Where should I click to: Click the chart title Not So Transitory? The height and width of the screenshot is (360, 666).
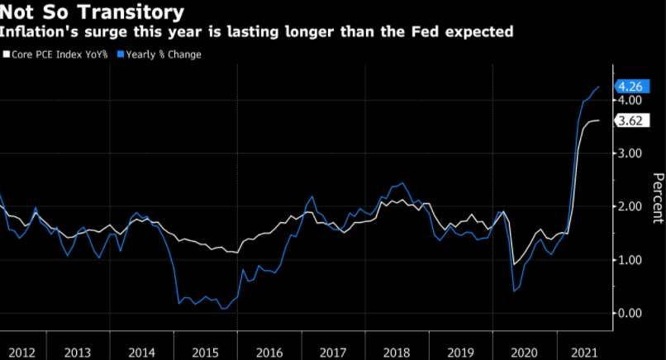92,13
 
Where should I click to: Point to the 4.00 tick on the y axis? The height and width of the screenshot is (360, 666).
629,100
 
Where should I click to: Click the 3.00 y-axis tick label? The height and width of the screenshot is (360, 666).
629,154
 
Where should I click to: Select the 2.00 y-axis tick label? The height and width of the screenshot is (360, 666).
629,206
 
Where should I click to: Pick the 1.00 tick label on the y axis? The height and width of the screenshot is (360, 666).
629,260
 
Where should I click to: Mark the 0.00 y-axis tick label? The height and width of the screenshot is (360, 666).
629,313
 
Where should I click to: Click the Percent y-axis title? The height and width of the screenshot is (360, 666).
658,198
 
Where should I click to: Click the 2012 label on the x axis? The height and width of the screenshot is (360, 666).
22,353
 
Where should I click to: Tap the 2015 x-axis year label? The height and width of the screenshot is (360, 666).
206,353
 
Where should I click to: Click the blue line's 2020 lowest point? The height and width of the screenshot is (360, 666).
515,291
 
